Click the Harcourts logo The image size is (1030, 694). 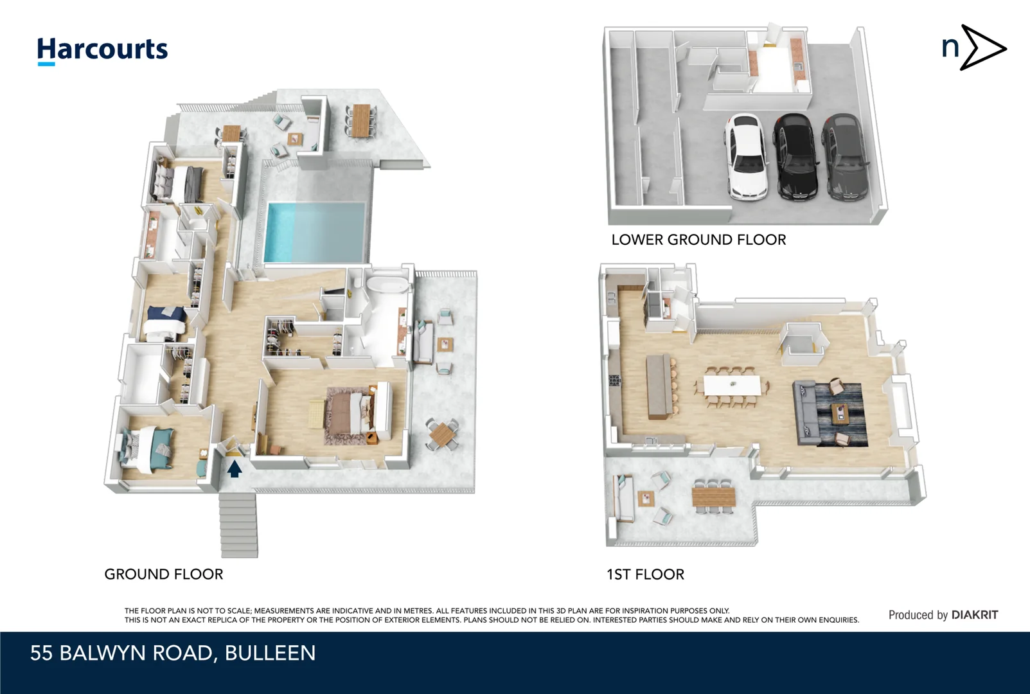click(102, 50)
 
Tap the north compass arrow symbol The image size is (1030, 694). click(973, 48)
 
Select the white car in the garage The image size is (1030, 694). click(746, 157)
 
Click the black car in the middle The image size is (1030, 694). click(797, 157)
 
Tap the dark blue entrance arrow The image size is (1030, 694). click(235, 468)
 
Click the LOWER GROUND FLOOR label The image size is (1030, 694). click(698, 240)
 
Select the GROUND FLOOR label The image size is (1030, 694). click(164, 574)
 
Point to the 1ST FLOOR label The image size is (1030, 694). click(645, 574)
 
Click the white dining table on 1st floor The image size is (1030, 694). click(732, 386)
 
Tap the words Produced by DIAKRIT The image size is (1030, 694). click(943, 615)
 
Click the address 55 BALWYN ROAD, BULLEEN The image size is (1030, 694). click(173, 653)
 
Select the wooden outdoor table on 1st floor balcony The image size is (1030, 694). click(713, 496)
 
